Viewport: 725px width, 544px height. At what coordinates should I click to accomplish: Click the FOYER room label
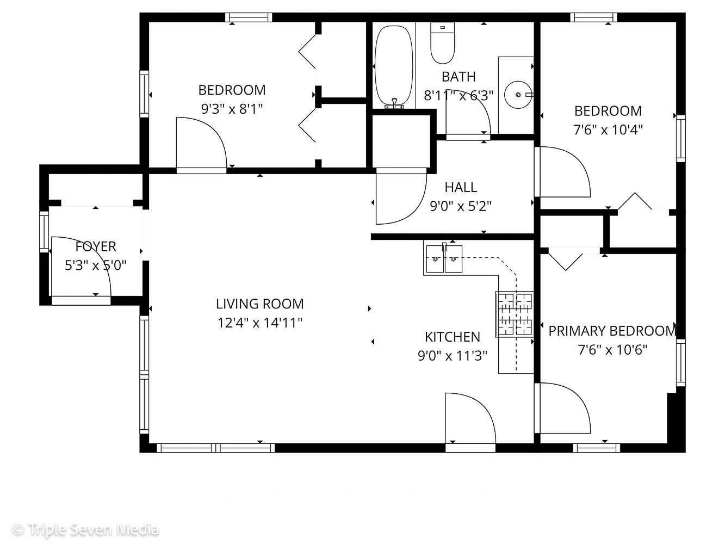click(96, 246)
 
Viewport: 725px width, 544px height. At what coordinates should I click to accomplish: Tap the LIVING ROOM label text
click(259, 304)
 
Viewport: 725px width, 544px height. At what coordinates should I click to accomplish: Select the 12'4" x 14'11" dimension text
click(259, 323)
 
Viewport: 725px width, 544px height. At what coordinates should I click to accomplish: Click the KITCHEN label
click(452, 337)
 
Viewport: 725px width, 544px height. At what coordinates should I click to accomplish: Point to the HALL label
click(461, 188)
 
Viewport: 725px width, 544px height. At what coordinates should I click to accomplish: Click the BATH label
click(458, 77)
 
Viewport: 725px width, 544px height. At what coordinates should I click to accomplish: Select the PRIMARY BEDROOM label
click(612, 331)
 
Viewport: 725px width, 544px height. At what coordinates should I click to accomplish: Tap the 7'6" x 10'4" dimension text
click(608, 130)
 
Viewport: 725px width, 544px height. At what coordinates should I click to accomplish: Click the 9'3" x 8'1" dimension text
click(232, 109)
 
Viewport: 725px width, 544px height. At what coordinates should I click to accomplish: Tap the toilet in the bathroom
click(442, 42)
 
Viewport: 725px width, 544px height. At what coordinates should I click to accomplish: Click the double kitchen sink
click(444, 259)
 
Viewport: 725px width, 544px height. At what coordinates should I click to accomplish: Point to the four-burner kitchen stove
click(514, 314)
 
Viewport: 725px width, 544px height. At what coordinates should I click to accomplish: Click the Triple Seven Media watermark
click(85, 529)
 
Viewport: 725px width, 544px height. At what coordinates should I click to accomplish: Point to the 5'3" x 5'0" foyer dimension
click(96, 265)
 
